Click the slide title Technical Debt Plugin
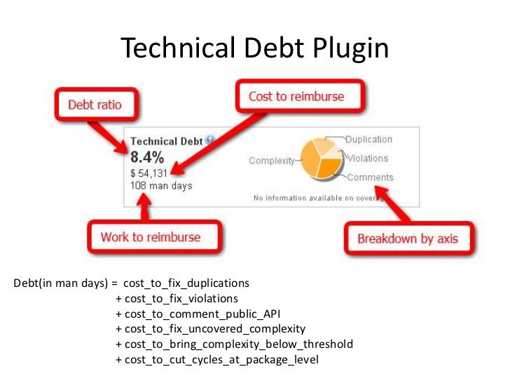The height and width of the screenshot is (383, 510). (254, 48)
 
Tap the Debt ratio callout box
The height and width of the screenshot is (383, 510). (95, 105)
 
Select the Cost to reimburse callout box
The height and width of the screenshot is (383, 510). (296, 97)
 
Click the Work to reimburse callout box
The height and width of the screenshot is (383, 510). (150, 236)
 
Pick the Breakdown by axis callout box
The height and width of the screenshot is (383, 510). (408, 238)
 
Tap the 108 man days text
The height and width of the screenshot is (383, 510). (161, 186)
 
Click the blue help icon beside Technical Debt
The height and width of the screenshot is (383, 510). (209, 140)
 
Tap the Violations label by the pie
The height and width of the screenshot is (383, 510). (367, 159)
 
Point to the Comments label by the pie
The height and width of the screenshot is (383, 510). (370, 177)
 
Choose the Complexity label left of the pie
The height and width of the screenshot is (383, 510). (272, 161)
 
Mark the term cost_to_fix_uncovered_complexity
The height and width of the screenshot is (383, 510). (215, 328)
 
